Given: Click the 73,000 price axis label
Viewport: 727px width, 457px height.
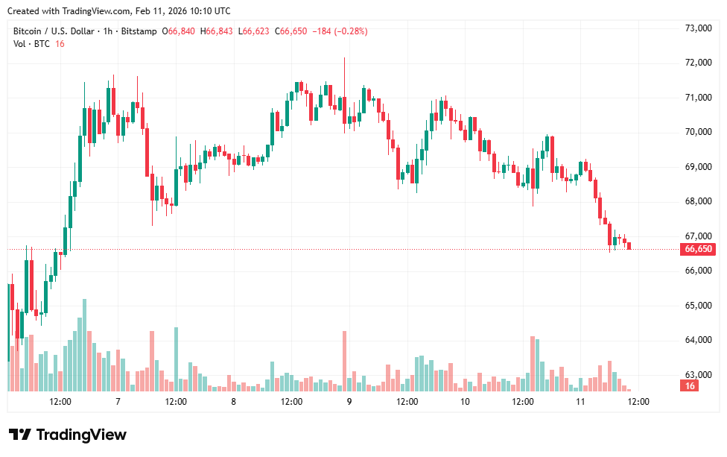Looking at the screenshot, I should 698,28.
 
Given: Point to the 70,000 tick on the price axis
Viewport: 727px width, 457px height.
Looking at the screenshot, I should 698,132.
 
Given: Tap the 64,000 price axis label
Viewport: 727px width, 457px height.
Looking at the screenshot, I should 698,340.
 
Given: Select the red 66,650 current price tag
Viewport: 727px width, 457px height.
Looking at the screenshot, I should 698,249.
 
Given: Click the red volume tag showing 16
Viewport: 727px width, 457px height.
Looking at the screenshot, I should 691,385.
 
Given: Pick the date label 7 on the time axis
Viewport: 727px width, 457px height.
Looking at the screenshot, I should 118,401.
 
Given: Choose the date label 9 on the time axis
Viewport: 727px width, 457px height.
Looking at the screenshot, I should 349,401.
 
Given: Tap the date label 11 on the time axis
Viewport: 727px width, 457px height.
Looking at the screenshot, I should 580,401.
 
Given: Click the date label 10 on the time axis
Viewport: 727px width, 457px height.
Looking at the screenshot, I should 465,401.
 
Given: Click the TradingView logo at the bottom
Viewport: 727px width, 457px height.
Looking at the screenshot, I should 68,435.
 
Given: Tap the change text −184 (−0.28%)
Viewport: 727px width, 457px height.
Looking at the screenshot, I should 340,31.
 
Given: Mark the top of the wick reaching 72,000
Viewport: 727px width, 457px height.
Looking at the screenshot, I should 344,58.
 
